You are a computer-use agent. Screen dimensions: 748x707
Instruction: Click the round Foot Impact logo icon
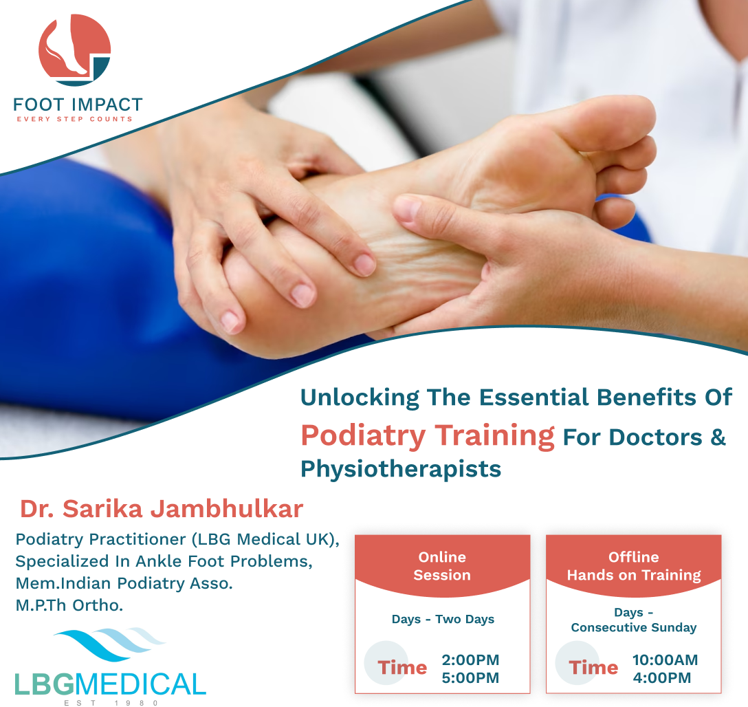[74, 50]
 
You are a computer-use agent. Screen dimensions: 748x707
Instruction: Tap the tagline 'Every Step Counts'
[74, 119]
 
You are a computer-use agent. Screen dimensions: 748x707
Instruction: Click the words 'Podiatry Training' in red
[428, 435]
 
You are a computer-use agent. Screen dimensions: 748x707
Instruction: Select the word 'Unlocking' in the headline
[360, 398]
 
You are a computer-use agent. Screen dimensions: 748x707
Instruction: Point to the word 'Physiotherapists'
[401, 469]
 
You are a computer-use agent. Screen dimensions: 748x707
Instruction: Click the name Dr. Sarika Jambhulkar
[162, 508]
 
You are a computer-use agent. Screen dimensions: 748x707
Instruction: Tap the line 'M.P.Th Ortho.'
[69, 605]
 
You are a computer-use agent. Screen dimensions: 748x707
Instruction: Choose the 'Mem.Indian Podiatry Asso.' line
[124, 583]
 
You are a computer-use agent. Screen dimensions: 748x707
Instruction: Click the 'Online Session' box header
[442, 566]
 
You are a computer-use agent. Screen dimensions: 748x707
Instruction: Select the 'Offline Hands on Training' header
[633, 566]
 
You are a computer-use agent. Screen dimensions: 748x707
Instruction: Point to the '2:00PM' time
[470, 660]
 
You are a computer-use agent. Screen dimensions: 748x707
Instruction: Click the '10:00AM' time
[665, 660]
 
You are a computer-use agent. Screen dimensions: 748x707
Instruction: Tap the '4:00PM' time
[661, 677]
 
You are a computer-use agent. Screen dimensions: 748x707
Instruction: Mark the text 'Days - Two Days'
[443, 619]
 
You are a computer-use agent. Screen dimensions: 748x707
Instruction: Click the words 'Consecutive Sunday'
[633, 627]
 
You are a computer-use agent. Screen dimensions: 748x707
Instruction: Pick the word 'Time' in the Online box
[402, 667]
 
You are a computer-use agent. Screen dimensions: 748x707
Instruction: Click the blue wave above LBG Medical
[110, 644]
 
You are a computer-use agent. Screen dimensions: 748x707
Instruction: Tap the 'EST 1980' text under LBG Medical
[111, 703]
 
